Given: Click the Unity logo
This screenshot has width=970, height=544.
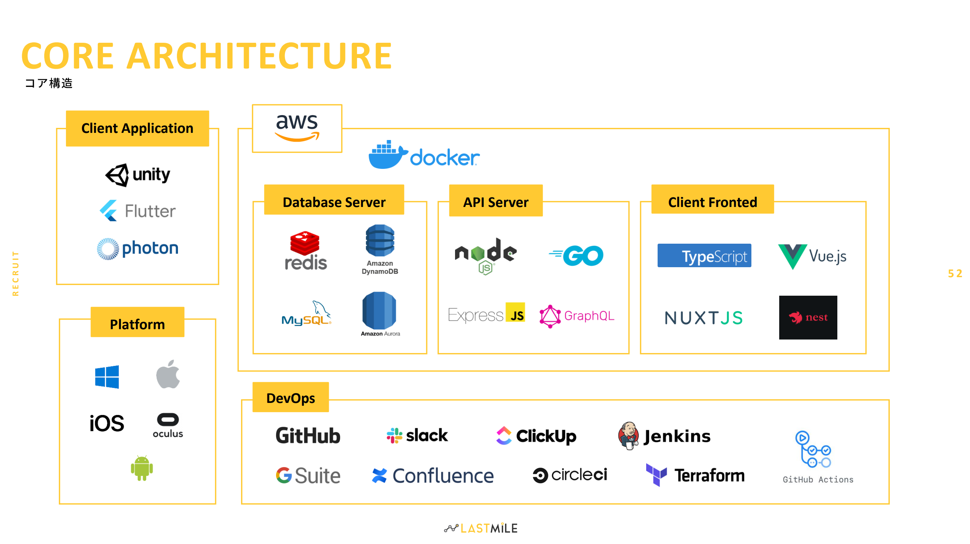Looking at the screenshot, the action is pos(137,175).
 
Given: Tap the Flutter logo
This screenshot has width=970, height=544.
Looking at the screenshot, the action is pos(137,211).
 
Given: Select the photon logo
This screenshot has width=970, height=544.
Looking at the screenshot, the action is pos(137,249).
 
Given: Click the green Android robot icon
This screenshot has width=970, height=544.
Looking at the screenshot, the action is pos(142,468).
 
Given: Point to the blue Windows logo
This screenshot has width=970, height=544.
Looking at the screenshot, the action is pos(107,377).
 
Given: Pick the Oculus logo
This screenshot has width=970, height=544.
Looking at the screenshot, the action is pos(168,425).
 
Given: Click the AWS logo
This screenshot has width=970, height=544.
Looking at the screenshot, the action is pos(297,128).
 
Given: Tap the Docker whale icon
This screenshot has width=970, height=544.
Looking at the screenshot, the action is pos(388,155).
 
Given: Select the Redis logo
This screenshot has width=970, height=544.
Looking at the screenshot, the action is pos(305,250).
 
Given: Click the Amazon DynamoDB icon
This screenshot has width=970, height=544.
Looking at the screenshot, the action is pos(379,249).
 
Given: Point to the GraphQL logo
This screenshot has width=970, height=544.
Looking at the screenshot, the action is pos(577,316).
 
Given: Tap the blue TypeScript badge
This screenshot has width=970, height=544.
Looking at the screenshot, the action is pos(704,255).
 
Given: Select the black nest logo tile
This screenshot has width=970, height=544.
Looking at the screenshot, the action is pos(808,317).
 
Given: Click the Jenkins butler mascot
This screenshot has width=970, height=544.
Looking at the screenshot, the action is pos(628,436).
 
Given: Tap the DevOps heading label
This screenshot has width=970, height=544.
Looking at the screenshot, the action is pos(291,398).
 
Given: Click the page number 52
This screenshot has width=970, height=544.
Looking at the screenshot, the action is pos(955,274).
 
